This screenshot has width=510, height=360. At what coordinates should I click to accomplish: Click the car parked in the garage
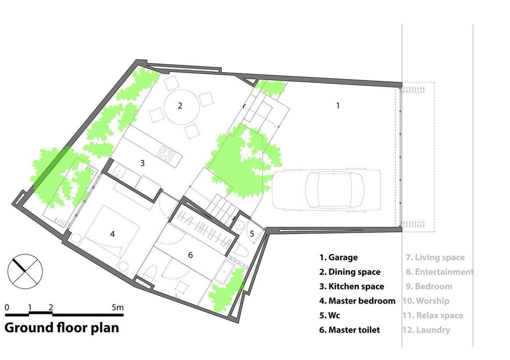[x=326, y=190]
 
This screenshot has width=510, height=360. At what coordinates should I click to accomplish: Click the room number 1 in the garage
[x=338, y=106]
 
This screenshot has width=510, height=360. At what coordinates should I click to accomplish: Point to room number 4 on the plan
[x=112, y=234]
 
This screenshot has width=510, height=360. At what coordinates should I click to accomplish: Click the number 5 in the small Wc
[x=252, y=234]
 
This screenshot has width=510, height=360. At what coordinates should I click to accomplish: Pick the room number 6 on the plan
[x=190, y=255]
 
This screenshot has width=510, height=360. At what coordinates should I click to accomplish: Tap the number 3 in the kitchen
[x=142, y=163]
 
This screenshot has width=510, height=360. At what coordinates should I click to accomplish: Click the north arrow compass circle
[x=25, y=272]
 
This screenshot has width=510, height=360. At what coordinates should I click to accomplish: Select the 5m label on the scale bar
[x=118, y=307]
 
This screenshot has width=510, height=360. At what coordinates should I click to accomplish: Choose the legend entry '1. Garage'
[x=338, y=257]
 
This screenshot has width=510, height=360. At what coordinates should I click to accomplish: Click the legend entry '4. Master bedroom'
[x=357, y=301]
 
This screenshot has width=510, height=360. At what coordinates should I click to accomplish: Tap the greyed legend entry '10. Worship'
[x=426, y=301]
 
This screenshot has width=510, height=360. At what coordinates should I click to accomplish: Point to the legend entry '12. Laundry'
[x=426, y=330]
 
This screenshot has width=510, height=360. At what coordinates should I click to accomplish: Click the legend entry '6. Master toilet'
[x=349, y=330]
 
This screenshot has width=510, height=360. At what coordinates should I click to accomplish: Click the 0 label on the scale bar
[x=7, y=307]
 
